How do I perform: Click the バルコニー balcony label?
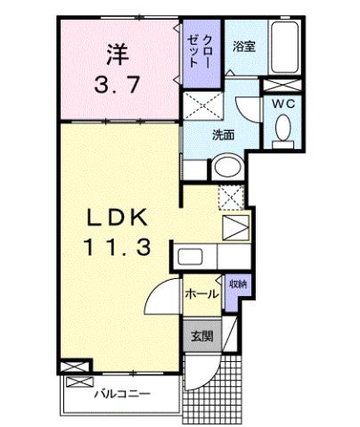120,393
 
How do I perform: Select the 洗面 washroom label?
224,136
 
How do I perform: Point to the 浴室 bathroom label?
244,46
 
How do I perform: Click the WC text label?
283,103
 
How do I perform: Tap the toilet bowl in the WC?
283,129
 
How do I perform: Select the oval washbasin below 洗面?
226,168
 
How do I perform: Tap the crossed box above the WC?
283,86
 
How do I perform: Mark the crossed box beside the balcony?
76,366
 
